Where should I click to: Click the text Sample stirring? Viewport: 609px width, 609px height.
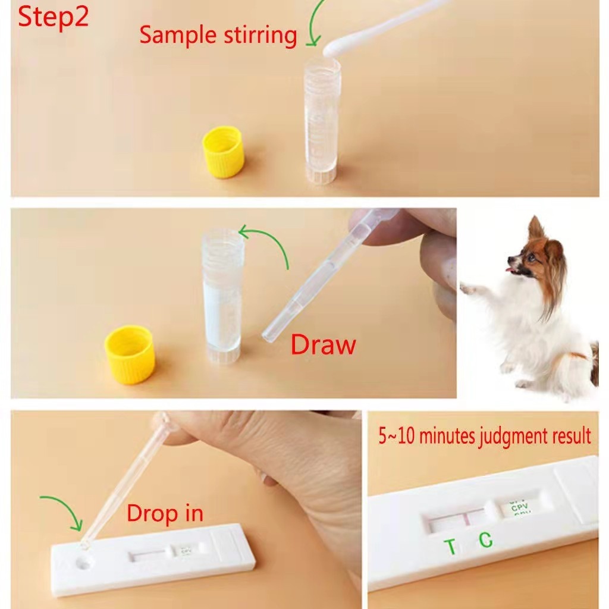click(x=218, y=35)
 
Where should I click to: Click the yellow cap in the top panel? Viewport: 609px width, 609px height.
click(x=223, y=154)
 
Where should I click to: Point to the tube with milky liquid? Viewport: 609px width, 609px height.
click(x=222, y=297)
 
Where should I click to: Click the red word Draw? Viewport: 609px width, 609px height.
click(x=323, y=345)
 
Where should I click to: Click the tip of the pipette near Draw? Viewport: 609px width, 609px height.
click(x=268, y=337)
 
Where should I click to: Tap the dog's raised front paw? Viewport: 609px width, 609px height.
click(x=470, y=289)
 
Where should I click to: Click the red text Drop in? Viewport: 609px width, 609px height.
click(x=165, y=513)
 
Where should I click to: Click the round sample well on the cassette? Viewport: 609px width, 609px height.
click(x=84, y=561)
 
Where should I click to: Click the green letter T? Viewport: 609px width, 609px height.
click(x=451, y=546)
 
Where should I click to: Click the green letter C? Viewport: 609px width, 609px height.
click(x=486, y=539)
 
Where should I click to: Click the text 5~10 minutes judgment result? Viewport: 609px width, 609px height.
click(x=485, y=436)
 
